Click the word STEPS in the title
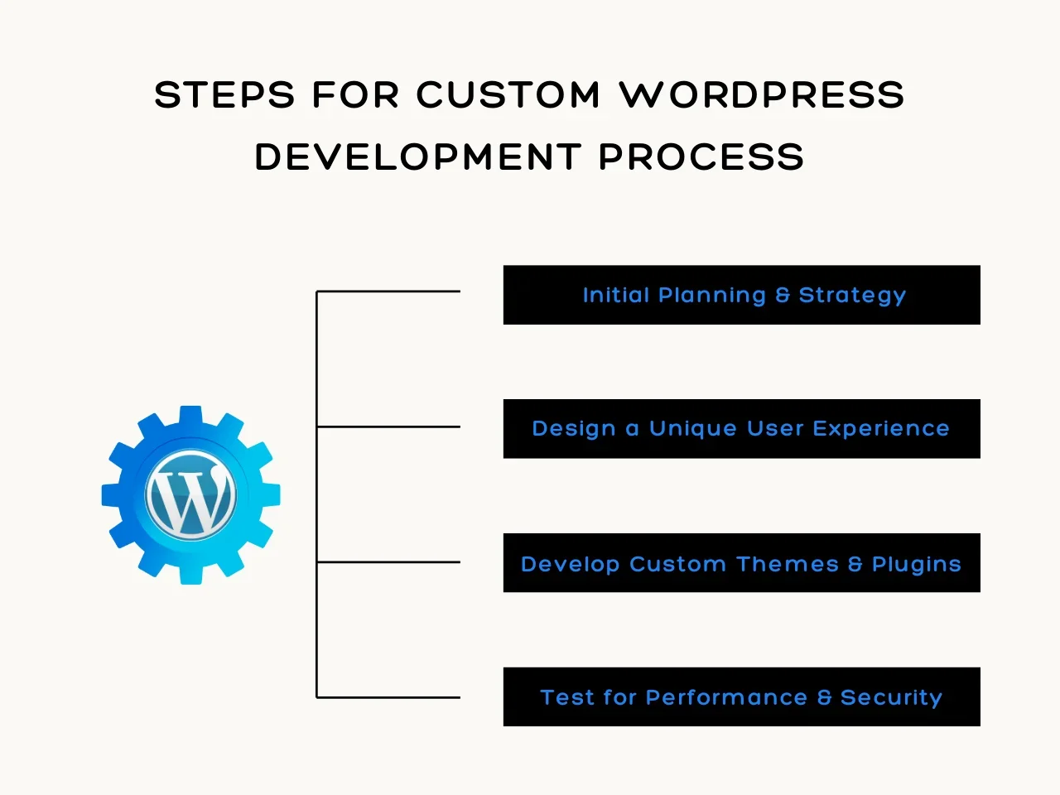tap(224, 95)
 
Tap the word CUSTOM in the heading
tap(508, 95)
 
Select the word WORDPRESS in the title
tap(762, 95)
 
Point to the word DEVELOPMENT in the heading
tap(417, 157)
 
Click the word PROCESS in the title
tap(701, 157)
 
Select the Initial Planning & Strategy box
tap(741, 295)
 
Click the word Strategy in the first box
tap(852, 296)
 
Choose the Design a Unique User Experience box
tap(741, 429)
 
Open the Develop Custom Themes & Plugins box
tap(741, 563)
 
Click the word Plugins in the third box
tap(916, 565)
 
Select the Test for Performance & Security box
tap(741, 697)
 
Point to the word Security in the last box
tap(891, 698)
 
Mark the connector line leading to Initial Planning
tap(388, 291)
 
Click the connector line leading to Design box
tap(388, 426)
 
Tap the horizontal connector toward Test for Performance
tap(388, 697)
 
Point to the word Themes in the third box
tap(787, 564)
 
